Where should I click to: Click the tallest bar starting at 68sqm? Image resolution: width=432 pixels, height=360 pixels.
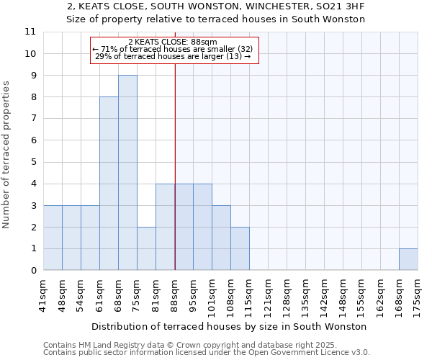(x=127, y=173)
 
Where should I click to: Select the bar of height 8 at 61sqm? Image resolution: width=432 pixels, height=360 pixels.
(x=109, y=184)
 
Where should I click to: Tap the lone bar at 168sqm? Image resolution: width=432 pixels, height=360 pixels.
(x=408, y=259)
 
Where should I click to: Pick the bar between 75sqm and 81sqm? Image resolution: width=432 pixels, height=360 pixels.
(x=146, y=248)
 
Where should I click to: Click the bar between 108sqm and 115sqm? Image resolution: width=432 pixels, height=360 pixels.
(x=240, y=248)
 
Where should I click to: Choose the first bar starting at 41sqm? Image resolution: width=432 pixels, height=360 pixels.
(x=53, y=238)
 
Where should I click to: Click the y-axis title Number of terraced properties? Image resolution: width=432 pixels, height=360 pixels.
(x=6, y=155)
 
